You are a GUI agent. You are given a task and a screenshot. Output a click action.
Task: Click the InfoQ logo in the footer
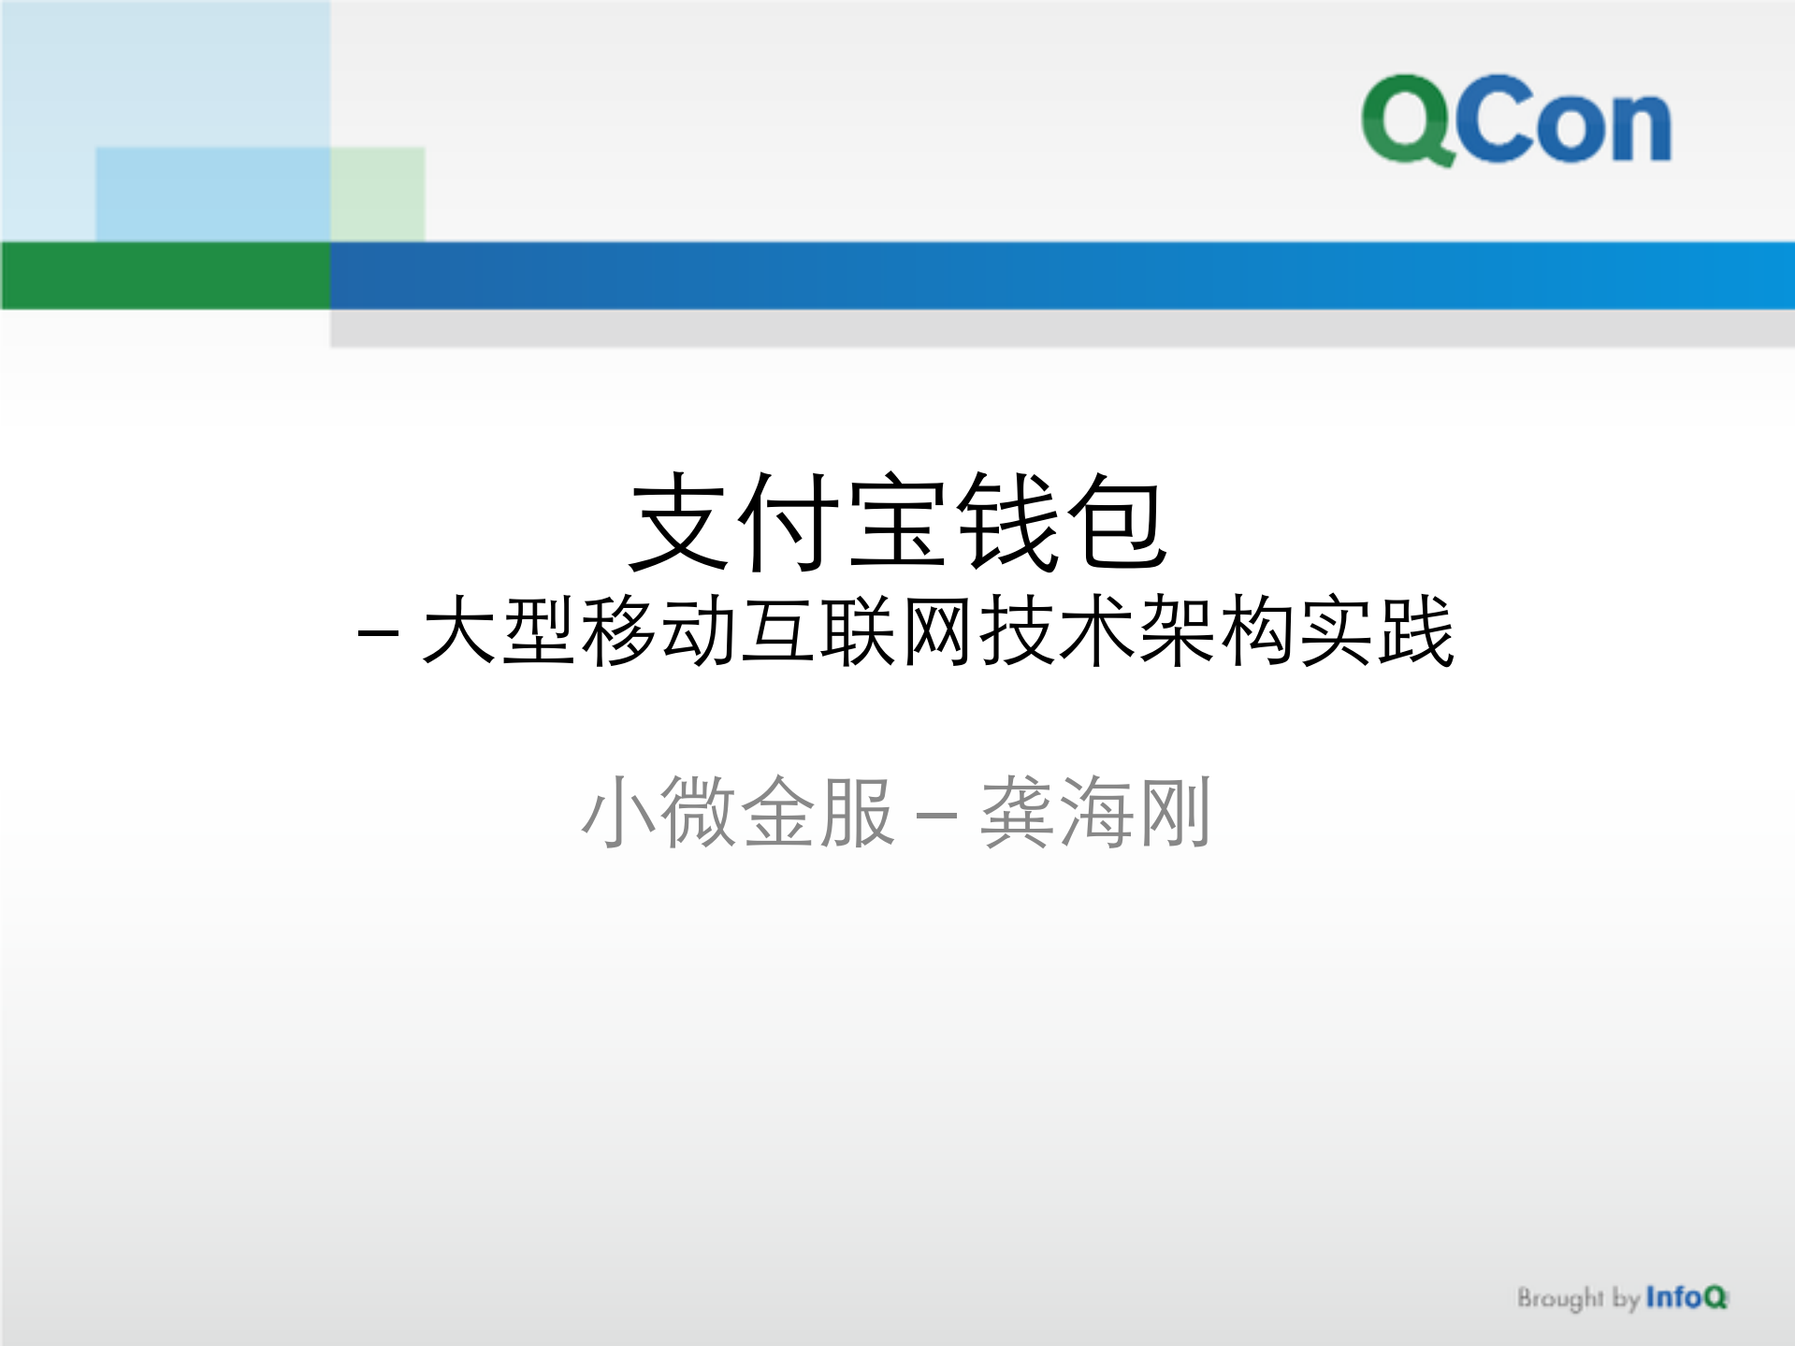tap(1686, 1297)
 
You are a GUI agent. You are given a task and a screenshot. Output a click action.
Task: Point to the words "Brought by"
tap(1577, 1298)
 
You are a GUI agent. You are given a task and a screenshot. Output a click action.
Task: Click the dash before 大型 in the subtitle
tap(379, 634)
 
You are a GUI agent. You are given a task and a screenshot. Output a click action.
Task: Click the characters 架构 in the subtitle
tap(1218, 631)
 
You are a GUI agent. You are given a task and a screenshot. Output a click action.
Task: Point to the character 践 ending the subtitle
tap(1417, 631)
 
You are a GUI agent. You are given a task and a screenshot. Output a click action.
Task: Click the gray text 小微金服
tap(737, 812)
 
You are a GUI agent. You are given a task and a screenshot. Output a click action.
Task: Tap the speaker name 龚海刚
tap(1095, 812)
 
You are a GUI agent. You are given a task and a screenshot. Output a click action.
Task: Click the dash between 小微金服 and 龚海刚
tap(936, 816)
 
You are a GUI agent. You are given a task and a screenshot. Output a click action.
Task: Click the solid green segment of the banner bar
tap(165, 275)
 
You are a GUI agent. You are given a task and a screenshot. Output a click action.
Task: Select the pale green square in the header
tap(378, 194)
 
